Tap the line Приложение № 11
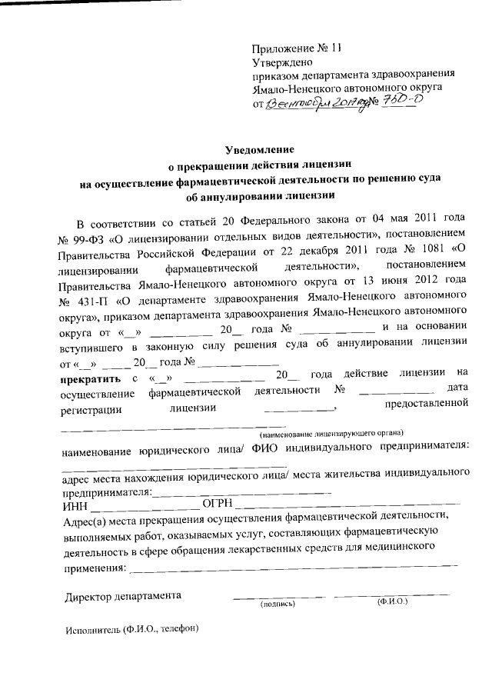click(x=296, y=46)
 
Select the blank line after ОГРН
click(x=346, y=507)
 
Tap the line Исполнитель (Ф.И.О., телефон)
click(x=131, y=629)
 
